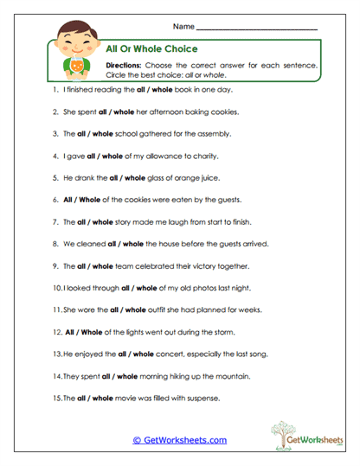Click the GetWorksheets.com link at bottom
[x=180, y=440]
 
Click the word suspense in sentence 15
[x=199, y=399]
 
